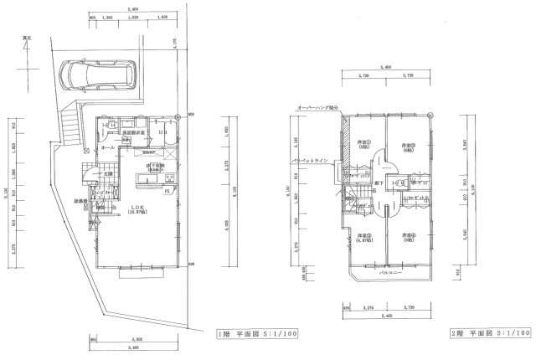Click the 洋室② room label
coord(409,141)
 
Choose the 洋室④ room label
coord(408,237)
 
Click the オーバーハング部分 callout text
coord(317,107)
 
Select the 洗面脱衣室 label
coord(134,132)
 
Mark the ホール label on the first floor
coord(107,147)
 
